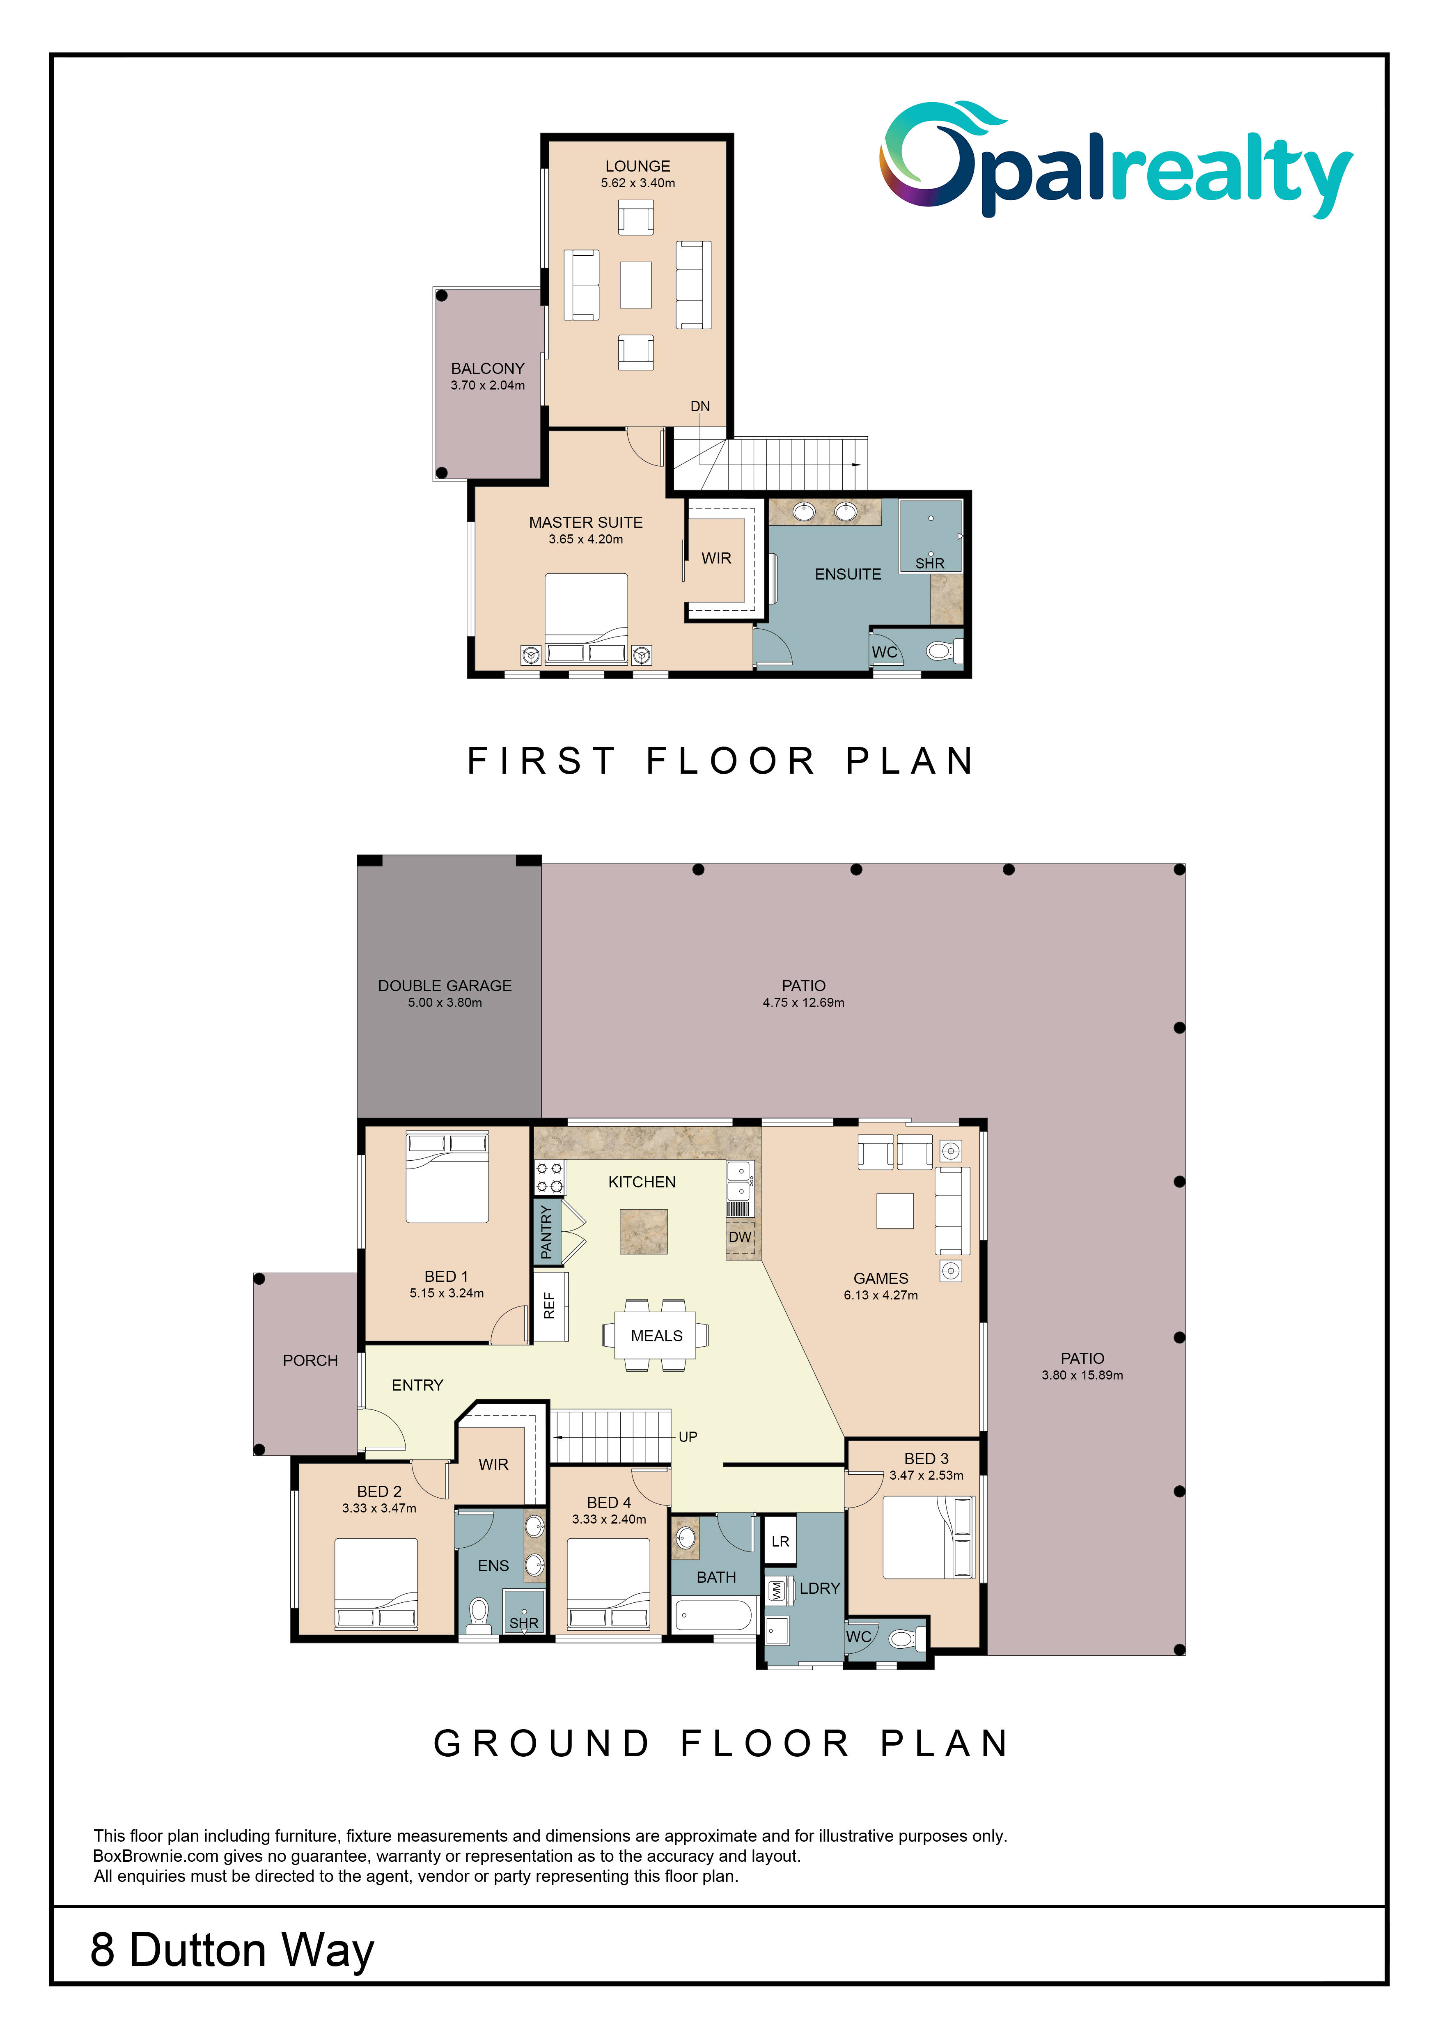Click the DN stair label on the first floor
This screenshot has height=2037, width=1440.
point(700,406)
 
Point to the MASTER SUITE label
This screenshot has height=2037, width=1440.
point(586,522)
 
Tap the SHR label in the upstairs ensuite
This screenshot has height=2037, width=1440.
point(930,564)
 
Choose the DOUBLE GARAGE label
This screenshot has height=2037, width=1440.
point(445,986)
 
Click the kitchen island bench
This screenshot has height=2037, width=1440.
point(643,1231)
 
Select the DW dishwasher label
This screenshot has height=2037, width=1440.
point(740,1237)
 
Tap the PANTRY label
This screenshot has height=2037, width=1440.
point(546,1231)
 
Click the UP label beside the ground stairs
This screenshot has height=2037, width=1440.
point(688,1437)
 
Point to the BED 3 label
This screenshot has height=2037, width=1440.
point(926,1459)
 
